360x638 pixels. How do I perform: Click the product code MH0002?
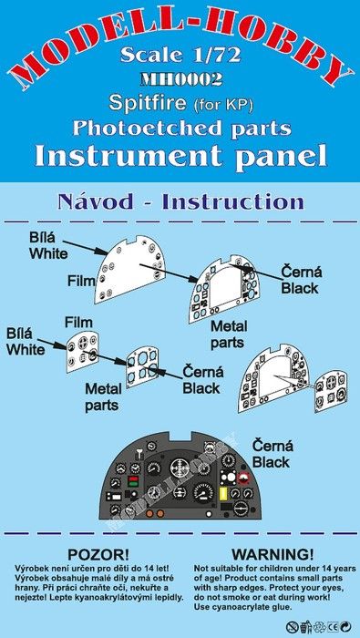tap(181, 79)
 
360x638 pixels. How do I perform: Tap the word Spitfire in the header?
tap(147, 103)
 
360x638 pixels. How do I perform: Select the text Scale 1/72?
tap(180, 56)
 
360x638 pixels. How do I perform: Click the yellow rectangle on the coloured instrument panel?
tap(223, 494)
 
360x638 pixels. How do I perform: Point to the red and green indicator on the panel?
tap(132, 481)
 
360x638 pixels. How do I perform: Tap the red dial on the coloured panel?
tap(244, 478)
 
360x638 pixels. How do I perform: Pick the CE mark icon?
tap(334, 627)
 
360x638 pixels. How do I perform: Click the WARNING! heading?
tap(273, 554)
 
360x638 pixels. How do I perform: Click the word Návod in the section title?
tap(95, 201)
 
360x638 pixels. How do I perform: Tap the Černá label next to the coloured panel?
tap(273, 446)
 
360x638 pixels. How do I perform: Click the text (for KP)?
tap(222, 105)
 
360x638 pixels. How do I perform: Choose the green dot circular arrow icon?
tap(346, 627)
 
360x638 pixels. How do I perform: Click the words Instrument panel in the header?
tap(180, 156)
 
